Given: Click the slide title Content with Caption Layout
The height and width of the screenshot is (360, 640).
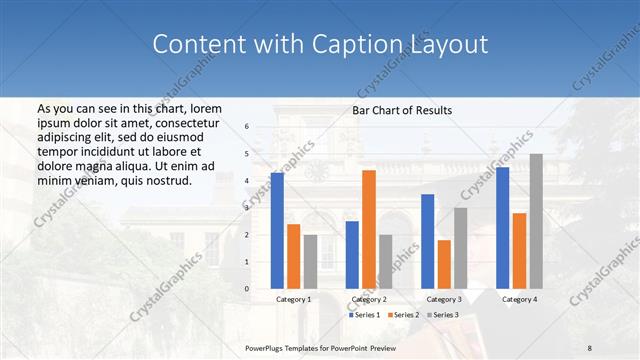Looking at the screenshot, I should coord(320,45).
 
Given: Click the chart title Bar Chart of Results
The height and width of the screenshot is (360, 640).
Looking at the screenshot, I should coord(402,110).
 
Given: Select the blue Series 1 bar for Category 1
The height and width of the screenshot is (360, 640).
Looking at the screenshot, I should coord(277,230).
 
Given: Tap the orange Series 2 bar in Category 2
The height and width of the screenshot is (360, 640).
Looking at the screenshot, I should coord(369,229).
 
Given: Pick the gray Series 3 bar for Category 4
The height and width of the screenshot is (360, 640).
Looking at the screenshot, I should coord(536,221).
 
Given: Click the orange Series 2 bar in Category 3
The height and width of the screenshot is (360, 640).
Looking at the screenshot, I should coord(444,264).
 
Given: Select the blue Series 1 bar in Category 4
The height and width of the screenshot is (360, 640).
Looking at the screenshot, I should coord(503,227).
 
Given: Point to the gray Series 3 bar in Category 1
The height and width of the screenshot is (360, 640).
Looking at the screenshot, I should coord(310,261).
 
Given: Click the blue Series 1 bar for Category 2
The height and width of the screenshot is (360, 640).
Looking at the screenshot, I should coord(352,254).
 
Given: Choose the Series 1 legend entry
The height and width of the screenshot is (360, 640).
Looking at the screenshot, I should coord(364,315).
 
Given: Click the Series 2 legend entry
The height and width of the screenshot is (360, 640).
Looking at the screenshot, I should coord(403,315).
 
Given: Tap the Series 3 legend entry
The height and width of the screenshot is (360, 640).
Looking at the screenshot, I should coord(443,315).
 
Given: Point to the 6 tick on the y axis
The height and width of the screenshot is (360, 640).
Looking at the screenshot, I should coord(246,127).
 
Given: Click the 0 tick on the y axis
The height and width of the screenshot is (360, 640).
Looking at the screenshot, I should coord(246,289).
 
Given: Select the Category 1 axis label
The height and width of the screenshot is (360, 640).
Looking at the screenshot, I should coord(294,299).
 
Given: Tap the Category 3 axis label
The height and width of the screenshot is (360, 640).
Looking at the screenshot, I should coord(444,299).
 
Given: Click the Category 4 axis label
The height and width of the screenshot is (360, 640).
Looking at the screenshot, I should coord(519,299).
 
